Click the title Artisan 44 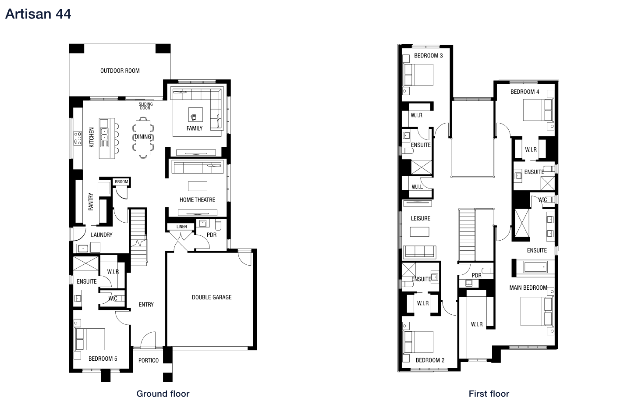(x=38, y=14)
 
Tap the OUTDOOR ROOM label (x=120, y=71)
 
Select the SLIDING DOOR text (x=145, y=106)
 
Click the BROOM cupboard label (x=121, y=182)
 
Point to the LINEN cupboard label (x=181, y=227)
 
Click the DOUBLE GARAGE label (x=212, y=297)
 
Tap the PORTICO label (x=149, y=360)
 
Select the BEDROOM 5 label (x=103, y=359)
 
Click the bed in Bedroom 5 (x=90, y=339)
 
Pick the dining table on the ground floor (x=143, y=137)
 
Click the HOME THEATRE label (x=197, y=200)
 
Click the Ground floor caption (x=163, y=394)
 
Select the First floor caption (x=489, y=394)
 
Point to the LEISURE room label (x=420, y=218)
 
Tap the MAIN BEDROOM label (x=528, y=288)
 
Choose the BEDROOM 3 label (x=428, y=56)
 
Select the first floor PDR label (x=477, y=275)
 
